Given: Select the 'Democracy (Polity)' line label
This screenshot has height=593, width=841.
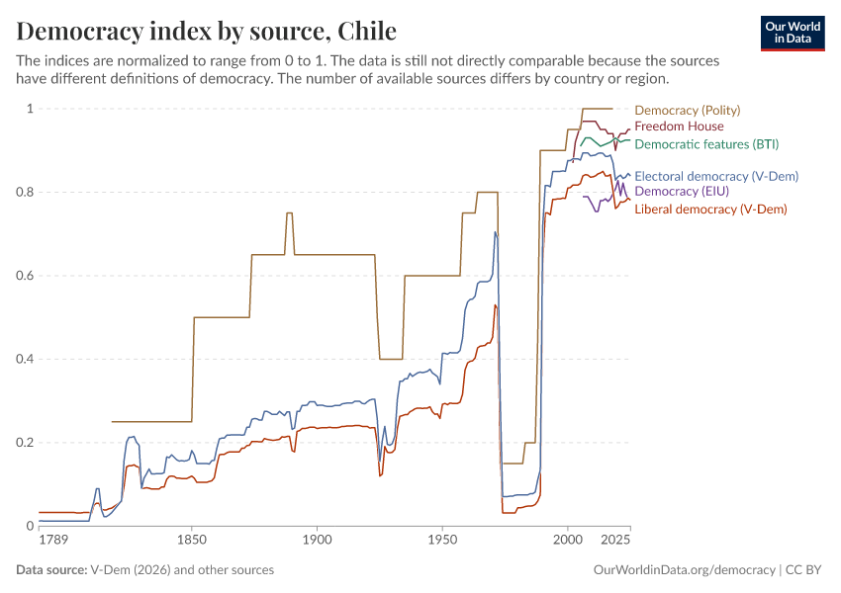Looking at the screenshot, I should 687,111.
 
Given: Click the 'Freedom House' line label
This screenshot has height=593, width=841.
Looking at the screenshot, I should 679,127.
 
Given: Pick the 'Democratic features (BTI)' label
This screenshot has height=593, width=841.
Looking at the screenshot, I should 706,144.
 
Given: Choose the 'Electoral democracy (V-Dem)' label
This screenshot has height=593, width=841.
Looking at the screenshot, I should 715,177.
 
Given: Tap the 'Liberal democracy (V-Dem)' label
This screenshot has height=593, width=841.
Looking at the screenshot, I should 711,210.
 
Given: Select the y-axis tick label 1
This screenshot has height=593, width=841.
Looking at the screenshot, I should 30,109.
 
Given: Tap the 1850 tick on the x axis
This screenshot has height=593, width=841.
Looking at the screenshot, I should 192,541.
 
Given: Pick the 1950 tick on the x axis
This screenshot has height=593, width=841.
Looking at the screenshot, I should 442,541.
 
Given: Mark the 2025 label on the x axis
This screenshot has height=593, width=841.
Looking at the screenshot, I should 615,541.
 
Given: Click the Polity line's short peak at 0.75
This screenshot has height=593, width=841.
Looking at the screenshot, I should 289,213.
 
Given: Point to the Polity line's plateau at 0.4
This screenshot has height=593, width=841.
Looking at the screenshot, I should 391,359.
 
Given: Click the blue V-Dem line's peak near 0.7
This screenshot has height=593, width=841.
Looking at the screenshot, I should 495,232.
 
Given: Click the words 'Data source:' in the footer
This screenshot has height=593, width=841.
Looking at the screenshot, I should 51,570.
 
